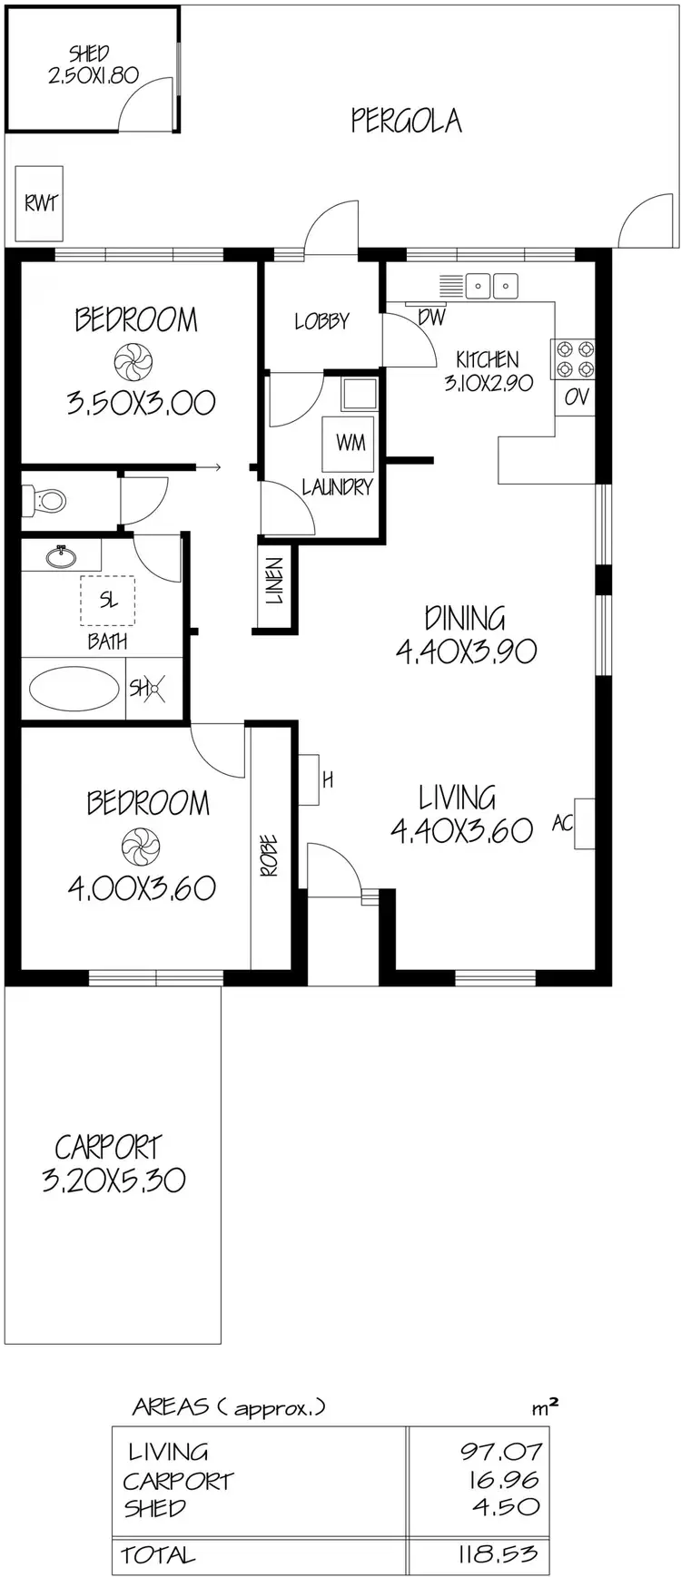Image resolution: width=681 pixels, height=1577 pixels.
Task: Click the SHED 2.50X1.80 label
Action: [93, 64]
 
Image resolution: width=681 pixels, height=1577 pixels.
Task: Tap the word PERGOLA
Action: [406, 121]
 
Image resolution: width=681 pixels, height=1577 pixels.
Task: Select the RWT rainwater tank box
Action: [40, 203]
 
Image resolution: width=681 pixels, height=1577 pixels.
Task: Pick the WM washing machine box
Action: [350, 442]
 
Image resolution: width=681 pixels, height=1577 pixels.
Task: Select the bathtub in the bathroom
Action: [74, 689]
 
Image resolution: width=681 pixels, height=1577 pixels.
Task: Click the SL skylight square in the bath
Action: [108, 601]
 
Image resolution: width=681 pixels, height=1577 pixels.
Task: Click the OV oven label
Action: [576, 397]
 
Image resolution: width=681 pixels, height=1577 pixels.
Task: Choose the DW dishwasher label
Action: [431, 318]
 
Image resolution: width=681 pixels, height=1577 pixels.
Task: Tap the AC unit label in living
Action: [563, 823]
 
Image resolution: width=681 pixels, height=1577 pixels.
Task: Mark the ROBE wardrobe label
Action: [270, 856]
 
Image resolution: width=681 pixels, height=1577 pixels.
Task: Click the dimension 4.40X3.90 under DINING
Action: [466, 651]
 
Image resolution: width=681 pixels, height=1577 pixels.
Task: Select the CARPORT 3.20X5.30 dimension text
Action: [113, 1180]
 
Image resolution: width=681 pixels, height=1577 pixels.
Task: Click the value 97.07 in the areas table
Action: [499, 1452]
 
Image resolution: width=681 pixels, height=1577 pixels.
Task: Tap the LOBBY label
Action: [321, 321]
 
